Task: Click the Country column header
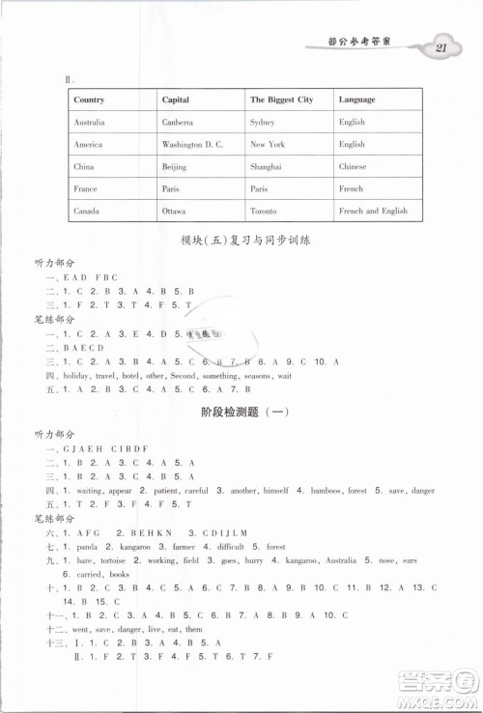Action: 89,100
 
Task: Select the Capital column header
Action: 176,100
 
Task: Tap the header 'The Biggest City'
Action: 281,100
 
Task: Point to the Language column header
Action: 357,100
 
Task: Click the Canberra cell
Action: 178,123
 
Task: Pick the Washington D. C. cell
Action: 193,145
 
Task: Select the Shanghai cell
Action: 266,166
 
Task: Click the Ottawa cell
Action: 174,211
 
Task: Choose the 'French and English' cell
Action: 373,211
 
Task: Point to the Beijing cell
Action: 175,166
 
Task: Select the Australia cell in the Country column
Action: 90,123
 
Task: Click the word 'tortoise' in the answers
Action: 123,560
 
